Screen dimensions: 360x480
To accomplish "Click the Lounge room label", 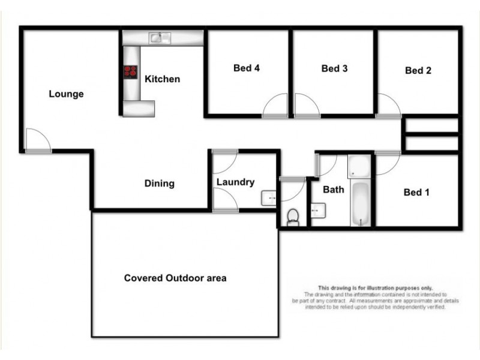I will point(66,94).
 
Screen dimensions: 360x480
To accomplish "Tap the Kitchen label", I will point(162,79).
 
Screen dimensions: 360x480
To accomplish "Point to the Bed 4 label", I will point(247,68).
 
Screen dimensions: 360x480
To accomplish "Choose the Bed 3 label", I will point(335,69).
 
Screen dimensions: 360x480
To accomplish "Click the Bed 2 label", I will point(418,71).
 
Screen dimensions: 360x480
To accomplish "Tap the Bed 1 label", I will point(416,193).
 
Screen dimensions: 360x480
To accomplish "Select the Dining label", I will point(159,184).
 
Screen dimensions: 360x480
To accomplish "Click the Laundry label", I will point(236,182).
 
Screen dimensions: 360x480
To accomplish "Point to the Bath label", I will point(334,190).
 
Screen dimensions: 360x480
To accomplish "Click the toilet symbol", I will point(293,217).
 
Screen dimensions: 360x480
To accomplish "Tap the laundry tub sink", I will point(269,198).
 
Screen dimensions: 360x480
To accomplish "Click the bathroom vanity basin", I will point(318,210).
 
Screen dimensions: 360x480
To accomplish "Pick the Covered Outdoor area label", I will point(175,278).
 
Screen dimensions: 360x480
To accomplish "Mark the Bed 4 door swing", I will point(275,106).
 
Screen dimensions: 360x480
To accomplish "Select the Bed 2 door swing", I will point(388,106).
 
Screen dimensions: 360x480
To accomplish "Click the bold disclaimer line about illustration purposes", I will point(375,288).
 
